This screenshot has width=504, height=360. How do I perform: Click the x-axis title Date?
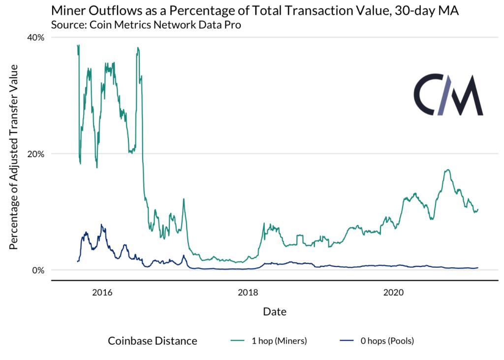(275, 311)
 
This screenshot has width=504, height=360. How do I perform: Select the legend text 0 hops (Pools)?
(390, 341)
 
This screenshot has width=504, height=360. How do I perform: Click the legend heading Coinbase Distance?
(153, 341)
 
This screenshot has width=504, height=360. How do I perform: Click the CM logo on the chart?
(448, 96)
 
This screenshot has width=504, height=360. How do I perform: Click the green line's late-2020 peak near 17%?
(447, 170)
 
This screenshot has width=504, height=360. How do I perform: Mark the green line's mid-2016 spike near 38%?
(138, 48)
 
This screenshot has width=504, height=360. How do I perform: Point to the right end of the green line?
(478, 209)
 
